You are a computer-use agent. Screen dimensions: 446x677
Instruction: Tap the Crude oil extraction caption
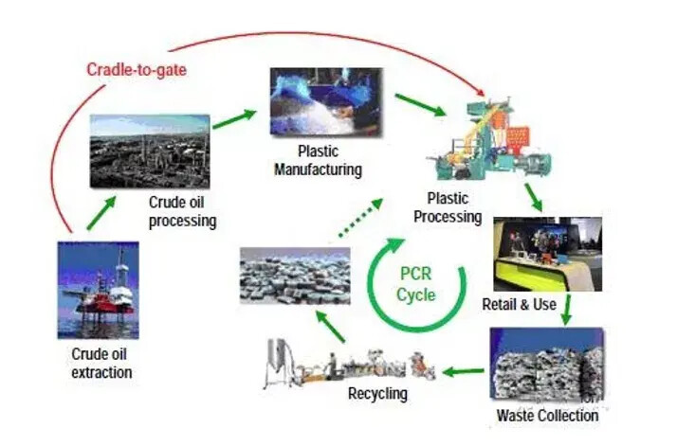click(x=101, y=363)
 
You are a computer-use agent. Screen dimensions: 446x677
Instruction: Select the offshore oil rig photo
click(x=98, y=289)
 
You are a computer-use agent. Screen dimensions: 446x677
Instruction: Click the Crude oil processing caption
click(x=183, y=212)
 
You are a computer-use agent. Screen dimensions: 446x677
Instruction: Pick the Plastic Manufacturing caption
click(x=318, y=162)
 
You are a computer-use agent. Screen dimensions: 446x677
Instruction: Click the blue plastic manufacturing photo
click(x=324, y=100)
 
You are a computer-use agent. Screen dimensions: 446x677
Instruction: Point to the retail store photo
click(x=547, y=253)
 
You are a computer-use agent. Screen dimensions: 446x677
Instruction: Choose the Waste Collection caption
click(x=547, y=416)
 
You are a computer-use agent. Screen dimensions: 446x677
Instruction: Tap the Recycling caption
click(x=377, y=393)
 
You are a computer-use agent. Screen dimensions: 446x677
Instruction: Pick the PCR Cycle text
click(x=416, y=284)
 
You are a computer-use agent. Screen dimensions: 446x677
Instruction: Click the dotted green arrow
click(x=360, y=219)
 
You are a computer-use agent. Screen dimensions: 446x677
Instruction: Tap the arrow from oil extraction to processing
click(x=101, y=215)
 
